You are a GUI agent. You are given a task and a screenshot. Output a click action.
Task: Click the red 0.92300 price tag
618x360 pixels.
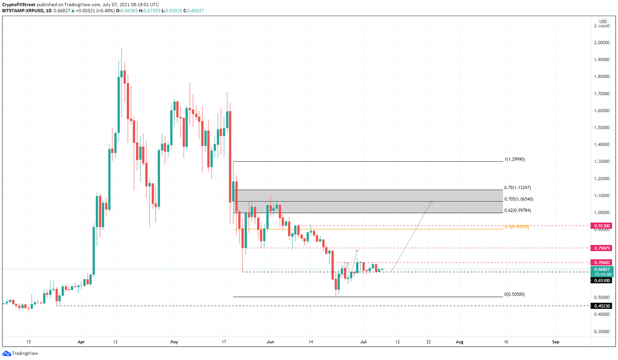tap(602, 226)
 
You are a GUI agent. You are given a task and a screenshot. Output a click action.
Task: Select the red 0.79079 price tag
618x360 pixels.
tap(602, 248)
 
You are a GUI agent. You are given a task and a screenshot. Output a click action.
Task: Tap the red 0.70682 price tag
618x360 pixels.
tap(602, 263)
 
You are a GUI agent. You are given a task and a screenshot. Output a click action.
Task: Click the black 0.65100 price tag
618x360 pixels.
tap(602, 280)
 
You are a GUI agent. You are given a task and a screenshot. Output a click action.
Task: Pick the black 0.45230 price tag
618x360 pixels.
tap(602, 306)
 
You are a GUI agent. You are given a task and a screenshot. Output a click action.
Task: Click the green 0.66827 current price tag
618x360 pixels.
tap(602, 269)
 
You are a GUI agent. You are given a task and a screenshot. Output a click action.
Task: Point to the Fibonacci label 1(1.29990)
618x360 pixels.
tap(515, 159)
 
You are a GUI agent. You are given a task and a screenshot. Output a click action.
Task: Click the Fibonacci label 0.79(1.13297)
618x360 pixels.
tap(517, 187)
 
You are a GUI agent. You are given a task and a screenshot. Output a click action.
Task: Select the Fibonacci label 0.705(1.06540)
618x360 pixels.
tap(519, 199)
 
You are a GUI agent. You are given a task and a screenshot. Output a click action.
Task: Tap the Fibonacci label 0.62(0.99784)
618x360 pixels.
tap(517, 210)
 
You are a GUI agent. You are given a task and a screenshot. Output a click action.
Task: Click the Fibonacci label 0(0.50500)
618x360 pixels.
tap(515, 294)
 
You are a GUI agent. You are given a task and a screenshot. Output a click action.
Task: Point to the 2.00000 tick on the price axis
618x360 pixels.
tap(602, 43)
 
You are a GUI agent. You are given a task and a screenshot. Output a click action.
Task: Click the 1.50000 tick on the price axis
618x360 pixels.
tap(602, 128)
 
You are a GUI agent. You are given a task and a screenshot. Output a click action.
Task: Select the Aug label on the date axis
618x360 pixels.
tap(459, 342)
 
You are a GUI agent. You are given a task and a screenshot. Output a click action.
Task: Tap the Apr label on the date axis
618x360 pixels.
tap(81, 342)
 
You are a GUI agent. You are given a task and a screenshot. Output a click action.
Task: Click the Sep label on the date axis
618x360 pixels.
tap(556, 342)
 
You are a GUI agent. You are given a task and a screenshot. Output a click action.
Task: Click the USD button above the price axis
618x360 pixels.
tap(603, 22)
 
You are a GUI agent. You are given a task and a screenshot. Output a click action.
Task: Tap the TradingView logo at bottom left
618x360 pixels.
tap(20, 354)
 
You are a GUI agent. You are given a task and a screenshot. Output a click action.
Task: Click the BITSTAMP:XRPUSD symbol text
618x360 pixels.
tap(23, 11)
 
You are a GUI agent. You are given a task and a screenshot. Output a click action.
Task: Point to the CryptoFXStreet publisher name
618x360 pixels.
tap(19, 5)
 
